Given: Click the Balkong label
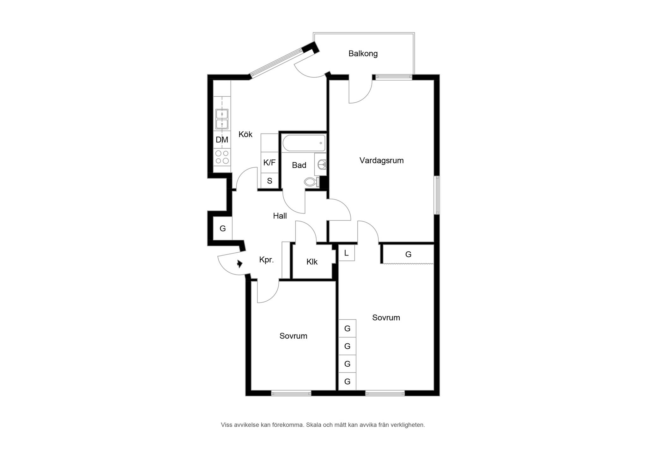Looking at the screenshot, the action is (363, 54).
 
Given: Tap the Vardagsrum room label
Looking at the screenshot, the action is (381, 160).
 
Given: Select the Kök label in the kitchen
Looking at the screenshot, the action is (245, 134).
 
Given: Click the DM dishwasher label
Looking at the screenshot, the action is (222, 140).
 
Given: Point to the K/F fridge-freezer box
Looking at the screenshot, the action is (269, 162).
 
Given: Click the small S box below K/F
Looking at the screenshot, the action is (269, 181).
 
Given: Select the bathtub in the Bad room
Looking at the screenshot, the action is (304, 143).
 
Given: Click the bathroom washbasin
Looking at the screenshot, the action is (321, 164).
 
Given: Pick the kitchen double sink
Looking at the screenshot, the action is (222, 119).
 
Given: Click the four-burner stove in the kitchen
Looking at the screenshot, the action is (222, 157).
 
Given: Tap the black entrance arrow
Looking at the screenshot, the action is (240, 264).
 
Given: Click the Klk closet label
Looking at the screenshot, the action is (312, 262).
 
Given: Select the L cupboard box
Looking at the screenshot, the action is (347, 253).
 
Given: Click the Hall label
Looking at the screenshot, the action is (280, 216).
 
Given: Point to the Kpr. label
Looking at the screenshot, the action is (266, 260).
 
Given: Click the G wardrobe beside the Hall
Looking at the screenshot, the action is (223, 228).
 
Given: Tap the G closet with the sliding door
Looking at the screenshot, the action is (408, 254).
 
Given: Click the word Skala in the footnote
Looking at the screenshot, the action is (314, 425).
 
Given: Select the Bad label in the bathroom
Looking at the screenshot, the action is (299, 165).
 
